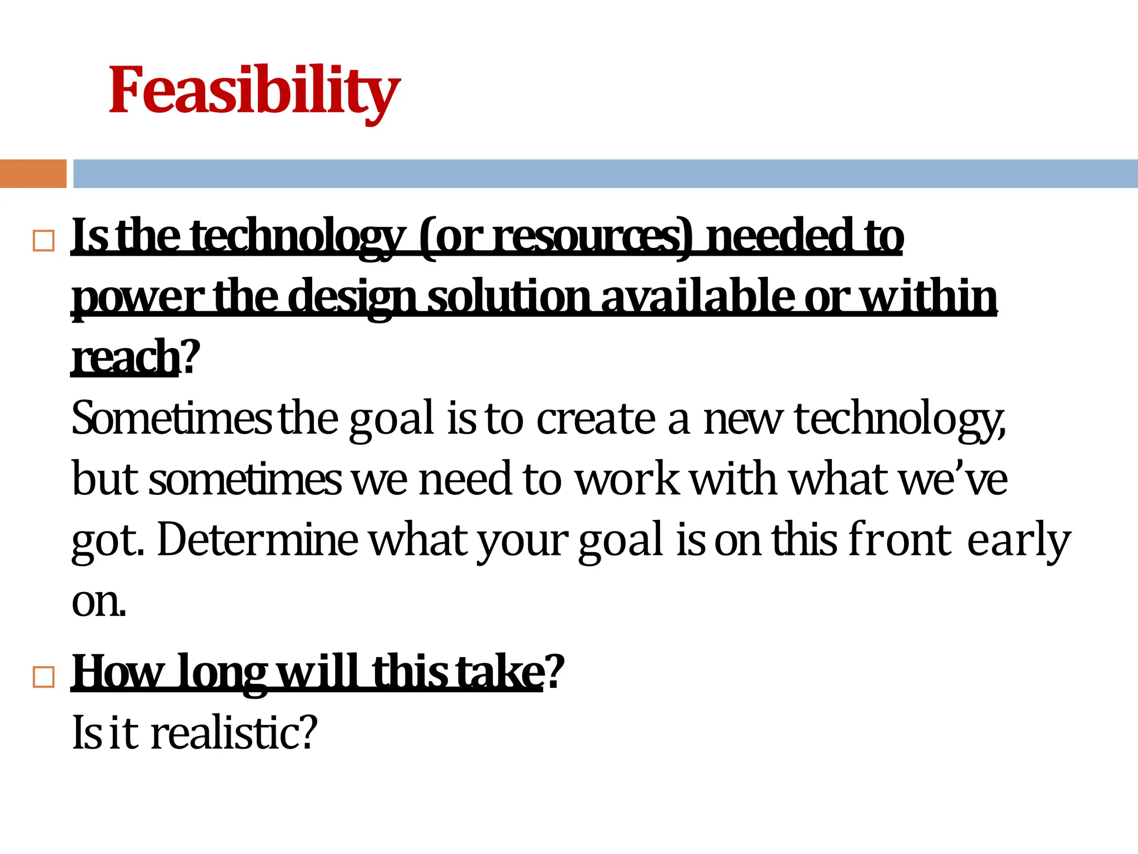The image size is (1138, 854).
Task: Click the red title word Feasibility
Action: [254, 90]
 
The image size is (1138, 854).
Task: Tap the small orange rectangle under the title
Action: [33, 173]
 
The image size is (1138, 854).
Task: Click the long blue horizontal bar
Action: [605, 173]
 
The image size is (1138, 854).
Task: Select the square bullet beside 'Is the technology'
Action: [44, 241]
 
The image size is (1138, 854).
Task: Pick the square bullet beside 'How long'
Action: [44, 677]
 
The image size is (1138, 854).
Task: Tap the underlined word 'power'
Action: [137, 298]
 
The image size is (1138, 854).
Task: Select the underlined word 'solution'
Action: [508, 297]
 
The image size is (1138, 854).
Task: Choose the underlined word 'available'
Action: [697, 297]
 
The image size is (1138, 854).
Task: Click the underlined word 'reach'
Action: [126, 357]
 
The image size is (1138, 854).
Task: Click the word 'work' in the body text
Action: [626, 479]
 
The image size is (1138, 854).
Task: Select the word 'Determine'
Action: [257, 539]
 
